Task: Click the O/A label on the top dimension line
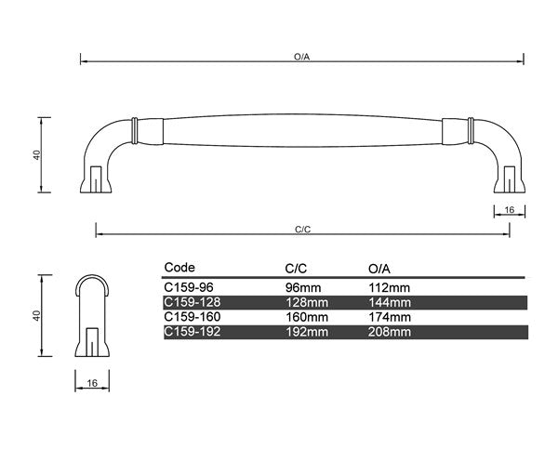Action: coord(300,57)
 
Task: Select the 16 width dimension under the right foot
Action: coord(508,210)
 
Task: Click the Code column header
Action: coord(179,267)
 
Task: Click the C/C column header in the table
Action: coord(296,267)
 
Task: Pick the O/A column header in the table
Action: coord(381,267)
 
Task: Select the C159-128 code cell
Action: coord(190,302)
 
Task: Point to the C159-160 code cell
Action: coord(190,316)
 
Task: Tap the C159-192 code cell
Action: coord(190,331)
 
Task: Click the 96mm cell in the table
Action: coord(299,288)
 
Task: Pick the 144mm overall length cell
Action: coord(389,302)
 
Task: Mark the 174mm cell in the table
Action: coord(389,316)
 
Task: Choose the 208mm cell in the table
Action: coord(389,331)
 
